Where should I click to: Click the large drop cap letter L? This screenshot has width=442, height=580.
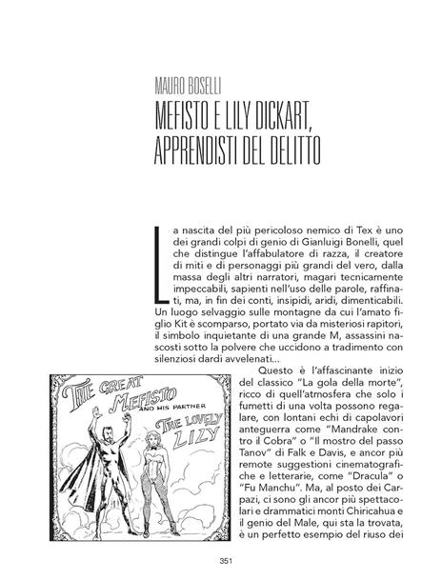click(157, 263)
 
